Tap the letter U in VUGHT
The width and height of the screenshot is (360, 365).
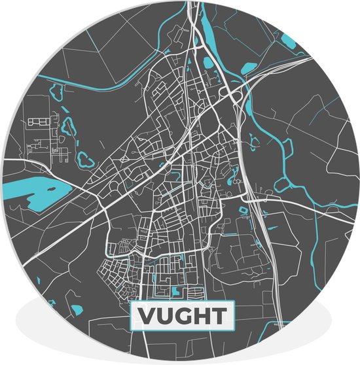(x=164, y=316)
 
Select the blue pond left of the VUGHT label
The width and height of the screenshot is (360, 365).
(x=77, y=309)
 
